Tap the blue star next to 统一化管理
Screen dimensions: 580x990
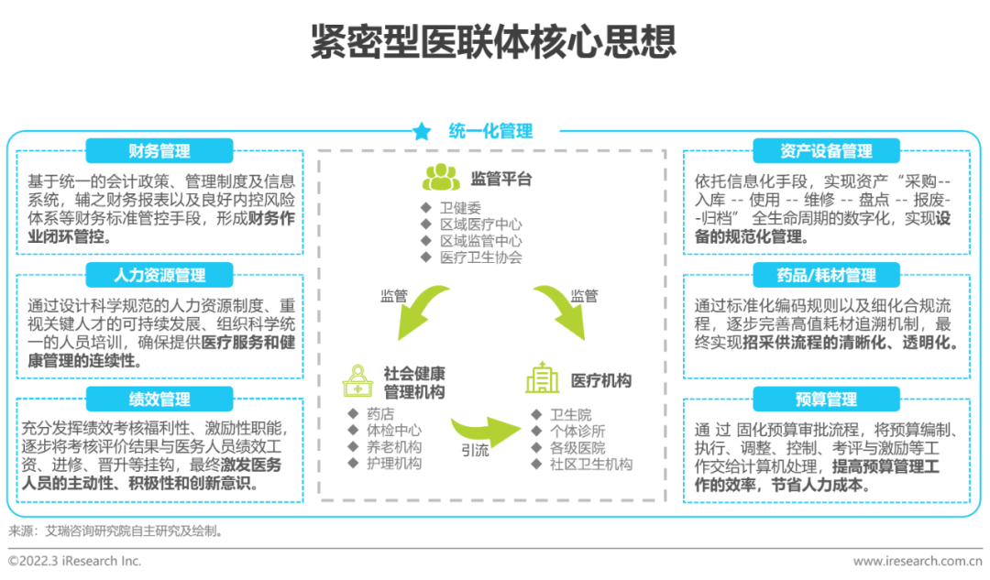[x=422, y=132]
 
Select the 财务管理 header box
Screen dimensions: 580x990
[x=159, y=151]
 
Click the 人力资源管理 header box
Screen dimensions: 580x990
[x=159, y=275]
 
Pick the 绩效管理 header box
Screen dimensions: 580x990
[x=159, y=399]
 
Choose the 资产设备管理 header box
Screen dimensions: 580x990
[x=826, y=151]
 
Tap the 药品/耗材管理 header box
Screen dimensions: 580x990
[x=826, y=275]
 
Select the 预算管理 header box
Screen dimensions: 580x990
[x=826, y=399]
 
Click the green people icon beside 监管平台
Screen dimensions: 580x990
[x=441, y=178]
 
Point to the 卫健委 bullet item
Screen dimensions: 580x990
[x=459, y=208]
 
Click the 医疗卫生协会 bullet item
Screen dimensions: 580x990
[x=479, y=257]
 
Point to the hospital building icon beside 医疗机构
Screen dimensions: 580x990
[x=543, y=378]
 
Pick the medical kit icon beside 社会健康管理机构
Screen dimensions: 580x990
[x=356, y=380]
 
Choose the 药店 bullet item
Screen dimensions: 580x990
[x=379, y=414]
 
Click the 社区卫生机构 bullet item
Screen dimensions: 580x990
[x=589, y=465]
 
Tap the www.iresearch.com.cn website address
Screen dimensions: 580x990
[x=917, y=561]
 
